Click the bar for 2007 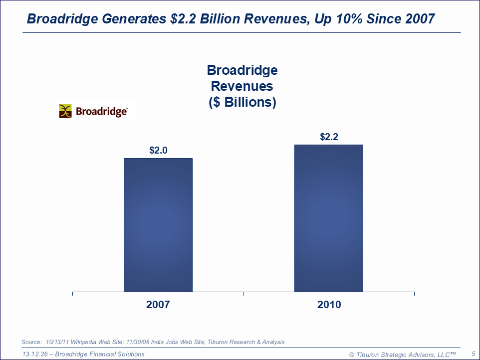(x=158, y=225)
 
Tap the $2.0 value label (x=158, y=150)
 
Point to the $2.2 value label (x=329, y=137)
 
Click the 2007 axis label (x=158, y=305)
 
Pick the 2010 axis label (x=329, y=305)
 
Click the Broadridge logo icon (x=65, y=111)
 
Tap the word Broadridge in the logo (x=101, y=111)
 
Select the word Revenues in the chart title (x=242, y=86)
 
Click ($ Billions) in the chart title (x=242, y=102)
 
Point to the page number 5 (x=473, y=354)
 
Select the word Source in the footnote (x=31, y=342)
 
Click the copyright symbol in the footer (x=352, y=355)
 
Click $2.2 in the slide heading (x=185, y=19)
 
